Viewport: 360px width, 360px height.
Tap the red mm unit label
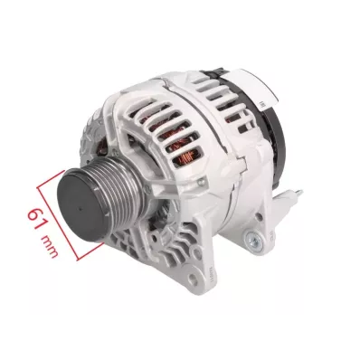[49, 247]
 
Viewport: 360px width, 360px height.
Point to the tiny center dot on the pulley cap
[81, 208]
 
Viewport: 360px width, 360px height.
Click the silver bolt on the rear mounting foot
[253, 241]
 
